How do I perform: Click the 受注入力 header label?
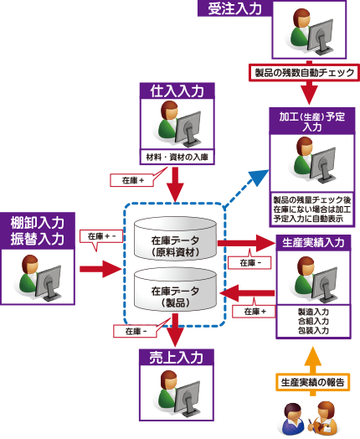pyautogui.click(x=234, y=8)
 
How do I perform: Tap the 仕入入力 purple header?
pyautogui.click(x=177, y=90)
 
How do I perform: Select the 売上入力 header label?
pyautogui.click(x=177, y=357)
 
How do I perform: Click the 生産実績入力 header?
pyautogui.click(x=313, y=243)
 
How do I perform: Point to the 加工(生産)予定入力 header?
pyautogui.click(x=312, y=121)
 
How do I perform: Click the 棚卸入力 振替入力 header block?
pyautogui.click(x=38, y=231)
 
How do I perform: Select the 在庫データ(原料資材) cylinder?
pyautogui.click(x=175, y=238)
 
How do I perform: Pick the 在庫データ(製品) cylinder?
pyautogui.click(x=175, y=289)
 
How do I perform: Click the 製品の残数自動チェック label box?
pyautogui.click(x=305, y=73)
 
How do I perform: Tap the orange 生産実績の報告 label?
pyautogui.click(x=313, y=382)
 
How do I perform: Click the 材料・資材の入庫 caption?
pyautogui.click(x=177, y=157)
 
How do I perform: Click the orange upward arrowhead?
pyautogui.click(x=313, y=356)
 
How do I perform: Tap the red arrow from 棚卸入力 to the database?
pyautogui.click(x=100, y=269)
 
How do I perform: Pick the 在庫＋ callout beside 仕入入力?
pyautogui.click(x=133, y=180)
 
